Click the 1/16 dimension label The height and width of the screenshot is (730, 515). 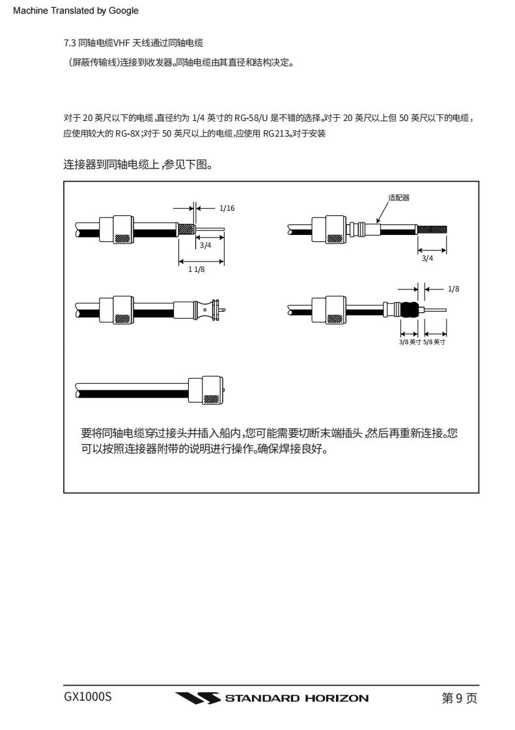tap(227, 208)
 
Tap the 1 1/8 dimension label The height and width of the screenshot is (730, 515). tap(197, 269)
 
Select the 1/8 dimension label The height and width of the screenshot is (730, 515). tap(454, 289)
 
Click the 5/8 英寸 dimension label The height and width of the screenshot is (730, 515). tap(434, 342)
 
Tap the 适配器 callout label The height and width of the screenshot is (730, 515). tap(398, 198)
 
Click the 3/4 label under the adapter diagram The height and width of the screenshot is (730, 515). tap(427, 258)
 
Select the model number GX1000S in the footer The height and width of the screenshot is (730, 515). tap(88, 697)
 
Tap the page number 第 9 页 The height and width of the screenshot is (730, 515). tap(459, 698)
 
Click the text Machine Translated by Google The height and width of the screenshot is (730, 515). tap(76, 10)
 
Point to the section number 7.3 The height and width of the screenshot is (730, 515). tap(70, 43)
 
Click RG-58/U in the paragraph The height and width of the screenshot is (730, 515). tap(251, 118)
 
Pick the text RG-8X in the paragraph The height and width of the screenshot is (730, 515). tap(127, 133)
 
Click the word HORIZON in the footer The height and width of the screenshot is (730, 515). tap(337, 698)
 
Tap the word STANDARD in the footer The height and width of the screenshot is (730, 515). tap(262, 698)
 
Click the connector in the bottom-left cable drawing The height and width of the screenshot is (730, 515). tap(211, 390)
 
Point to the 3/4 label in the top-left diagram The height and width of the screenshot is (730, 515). tap(205, 245)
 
